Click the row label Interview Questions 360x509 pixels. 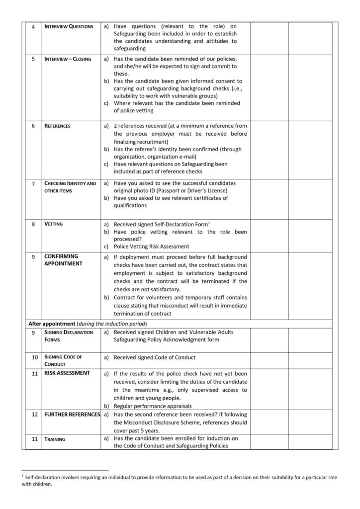pyautogui.click(x=68, y=26)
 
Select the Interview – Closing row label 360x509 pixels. pyautogui.click(x=68, y=59)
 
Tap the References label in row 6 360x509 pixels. pyautogui.click(x=58, y=126)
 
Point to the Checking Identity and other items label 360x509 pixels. pyautogui.click(x=70, y=187)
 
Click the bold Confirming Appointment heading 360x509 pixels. pyautogui.click(x=62, y=260)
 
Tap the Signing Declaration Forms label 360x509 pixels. pyautogui.click(x=68, y=336)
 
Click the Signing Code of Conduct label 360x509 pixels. pyautogui.click(x=63, y=360)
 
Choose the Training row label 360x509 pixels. pyautogui.click(x=55, y=439)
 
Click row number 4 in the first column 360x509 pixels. pyautogui.click(x=33, y=26)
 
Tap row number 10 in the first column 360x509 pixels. pyautogui.click(x=33, y=357)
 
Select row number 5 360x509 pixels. pyautogui.click(x=33, y=59)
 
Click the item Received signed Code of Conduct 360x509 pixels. pyautogui.click(x=155, y=357)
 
